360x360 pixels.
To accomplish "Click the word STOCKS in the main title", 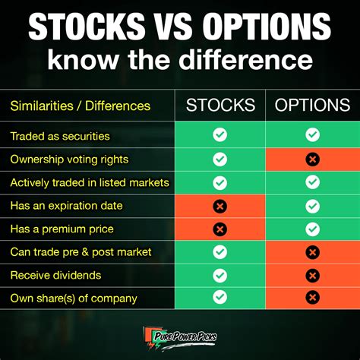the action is point(87,27).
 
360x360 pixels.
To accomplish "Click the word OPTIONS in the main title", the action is point(267,27).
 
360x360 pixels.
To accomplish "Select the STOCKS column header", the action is point(220,105).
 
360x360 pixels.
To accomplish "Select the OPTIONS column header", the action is point(312,105).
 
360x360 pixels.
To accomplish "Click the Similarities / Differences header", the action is point(81,106).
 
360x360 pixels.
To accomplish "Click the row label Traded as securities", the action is point(60,136).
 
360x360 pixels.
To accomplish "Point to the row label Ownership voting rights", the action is point(69,159).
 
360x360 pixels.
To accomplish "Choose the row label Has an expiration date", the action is point(66,206).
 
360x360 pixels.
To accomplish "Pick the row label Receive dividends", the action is point(55,275).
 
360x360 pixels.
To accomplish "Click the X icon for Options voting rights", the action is point(312,159).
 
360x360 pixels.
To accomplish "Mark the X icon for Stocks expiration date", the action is point(220,206).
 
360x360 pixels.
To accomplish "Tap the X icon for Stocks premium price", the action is point(220,229).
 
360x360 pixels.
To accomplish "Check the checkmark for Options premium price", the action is point(312,229).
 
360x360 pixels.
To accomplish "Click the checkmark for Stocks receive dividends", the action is point(220,276).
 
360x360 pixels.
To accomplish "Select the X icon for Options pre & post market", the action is point(312,252).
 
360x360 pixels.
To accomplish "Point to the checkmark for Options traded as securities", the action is point(312,134).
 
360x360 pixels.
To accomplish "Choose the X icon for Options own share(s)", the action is point(312,297).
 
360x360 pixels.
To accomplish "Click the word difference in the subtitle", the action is point(245,59).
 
